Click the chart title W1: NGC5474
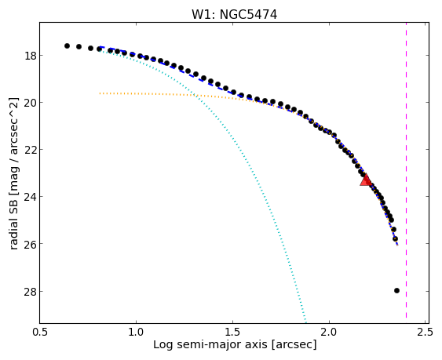point(234,14)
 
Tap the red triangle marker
point(366,180)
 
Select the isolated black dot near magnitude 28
point(396,290)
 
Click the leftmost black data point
point(67,45)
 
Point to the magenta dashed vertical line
point(406,170)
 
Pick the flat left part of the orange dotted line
point(147,94)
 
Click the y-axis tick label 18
point(30,56)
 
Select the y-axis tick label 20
point(30,103)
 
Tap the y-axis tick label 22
point(30,150)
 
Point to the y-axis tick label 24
point(30,197)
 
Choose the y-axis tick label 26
point(30,244)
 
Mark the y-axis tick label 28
point(30,291)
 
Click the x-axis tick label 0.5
point(40,332)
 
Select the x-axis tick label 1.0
point(136,332)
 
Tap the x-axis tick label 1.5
point(232,332)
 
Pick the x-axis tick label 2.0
point(329,332)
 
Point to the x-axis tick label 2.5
point(426,332)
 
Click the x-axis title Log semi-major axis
point(210,345)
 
